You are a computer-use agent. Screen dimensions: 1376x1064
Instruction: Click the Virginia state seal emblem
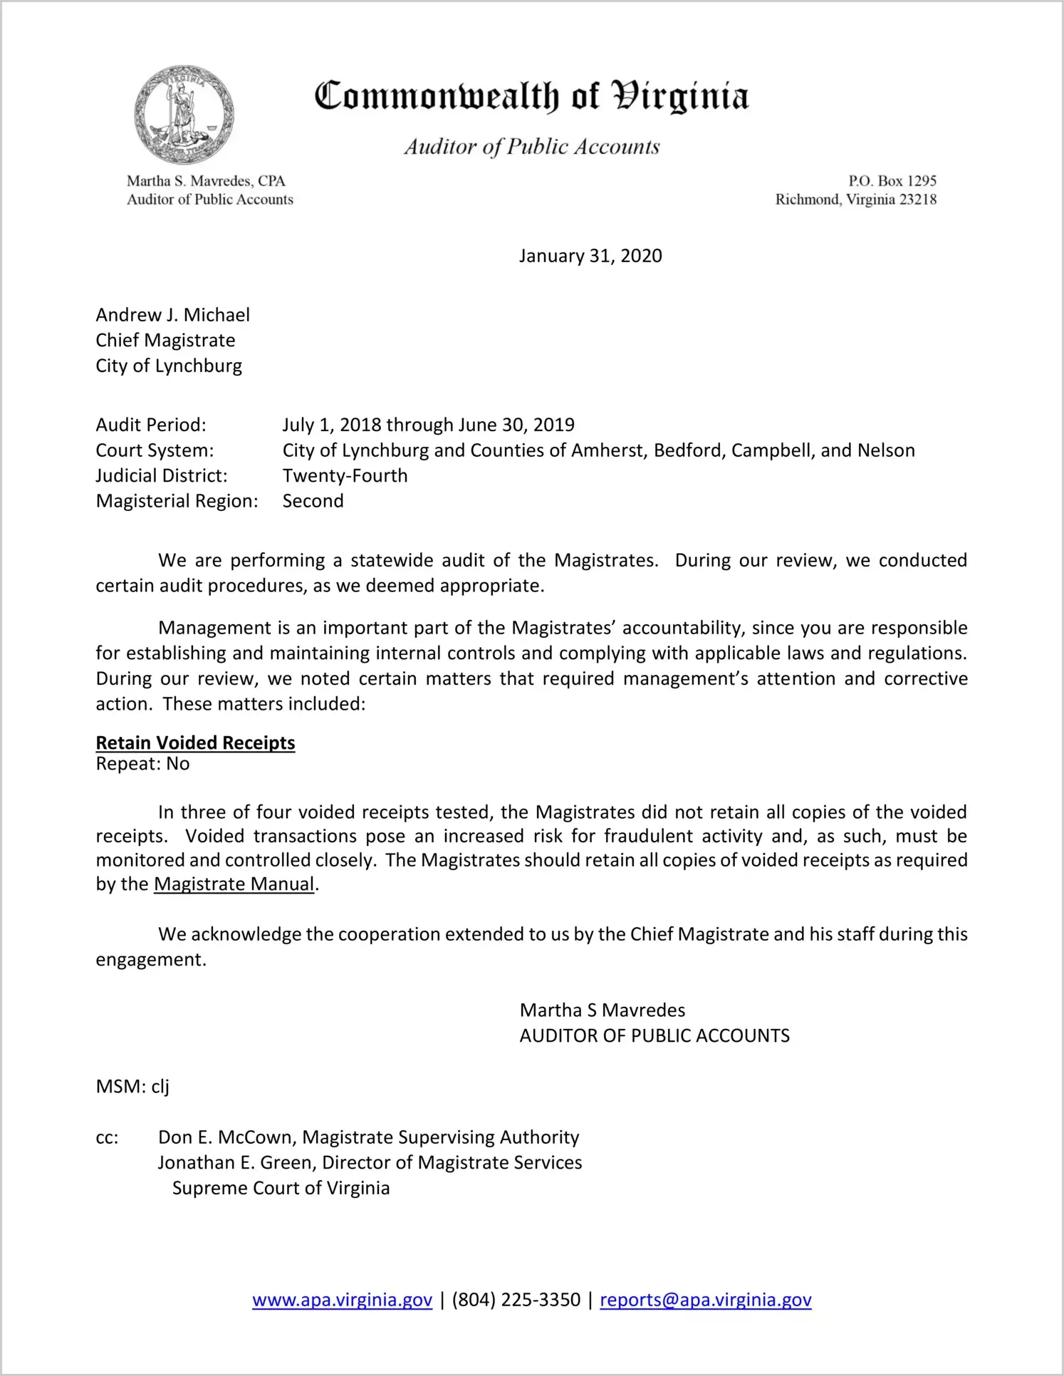[x=184, y=115]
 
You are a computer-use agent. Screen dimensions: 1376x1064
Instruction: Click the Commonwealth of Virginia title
[x=531, y=96]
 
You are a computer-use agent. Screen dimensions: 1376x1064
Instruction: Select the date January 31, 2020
[x=590, y=256]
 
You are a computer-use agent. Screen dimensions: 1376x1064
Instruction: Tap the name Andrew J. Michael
[x=172, y=315]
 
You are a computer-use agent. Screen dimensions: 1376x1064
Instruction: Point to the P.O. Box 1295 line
[x=892, y=181]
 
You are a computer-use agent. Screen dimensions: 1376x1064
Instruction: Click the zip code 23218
[x=918, y=200]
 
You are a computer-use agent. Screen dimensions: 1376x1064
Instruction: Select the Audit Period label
[x=151, y=425]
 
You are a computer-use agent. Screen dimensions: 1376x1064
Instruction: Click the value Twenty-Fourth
[x=345, y=475]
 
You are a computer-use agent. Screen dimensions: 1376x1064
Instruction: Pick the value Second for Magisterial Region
[x=313, y=501]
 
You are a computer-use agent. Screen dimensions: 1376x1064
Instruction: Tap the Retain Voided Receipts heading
[x=195, y=743]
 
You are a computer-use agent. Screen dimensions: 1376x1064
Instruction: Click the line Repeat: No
[x=142, y=764]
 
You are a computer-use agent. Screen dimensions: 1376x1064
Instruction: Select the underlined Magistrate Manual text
[x=234, y=884]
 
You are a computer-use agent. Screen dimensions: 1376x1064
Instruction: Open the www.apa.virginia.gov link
[x=342, y=1300]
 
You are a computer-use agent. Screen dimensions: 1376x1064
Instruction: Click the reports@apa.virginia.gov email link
[x=705, y=1300]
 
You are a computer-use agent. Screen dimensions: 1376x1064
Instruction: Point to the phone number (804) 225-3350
[x=516, y=1300]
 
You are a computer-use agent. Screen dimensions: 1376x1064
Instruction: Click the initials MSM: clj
[x=132, y=1087]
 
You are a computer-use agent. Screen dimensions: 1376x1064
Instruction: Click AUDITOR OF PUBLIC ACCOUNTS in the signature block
[x=654, y=1035]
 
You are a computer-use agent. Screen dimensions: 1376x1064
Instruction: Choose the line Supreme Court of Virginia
[x=281, y=1189]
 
